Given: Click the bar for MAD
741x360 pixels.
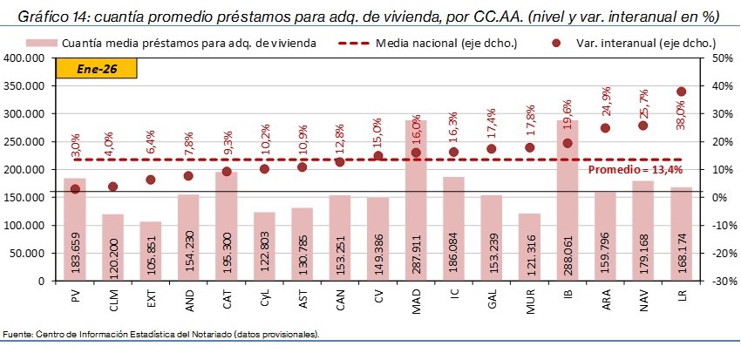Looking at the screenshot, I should click(x=416, y=200).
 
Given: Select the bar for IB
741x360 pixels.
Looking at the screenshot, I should click(x=568, y=200).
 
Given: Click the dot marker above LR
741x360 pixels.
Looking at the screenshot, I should click(x=681, y=92).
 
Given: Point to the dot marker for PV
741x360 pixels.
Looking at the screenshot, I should click(x=75, y=189).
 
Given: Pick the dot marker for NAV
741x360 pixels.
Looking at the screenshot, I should click(x=643, y=126).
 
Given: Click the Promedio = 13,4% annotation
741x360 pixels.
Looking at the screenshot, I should click(x=633, y=170).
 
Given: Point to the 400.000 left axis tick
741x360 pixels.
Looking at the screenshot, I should click(x=26, y=58).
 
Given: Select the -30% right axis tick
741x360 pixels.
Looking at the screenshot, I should click(x=721, y=281).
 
